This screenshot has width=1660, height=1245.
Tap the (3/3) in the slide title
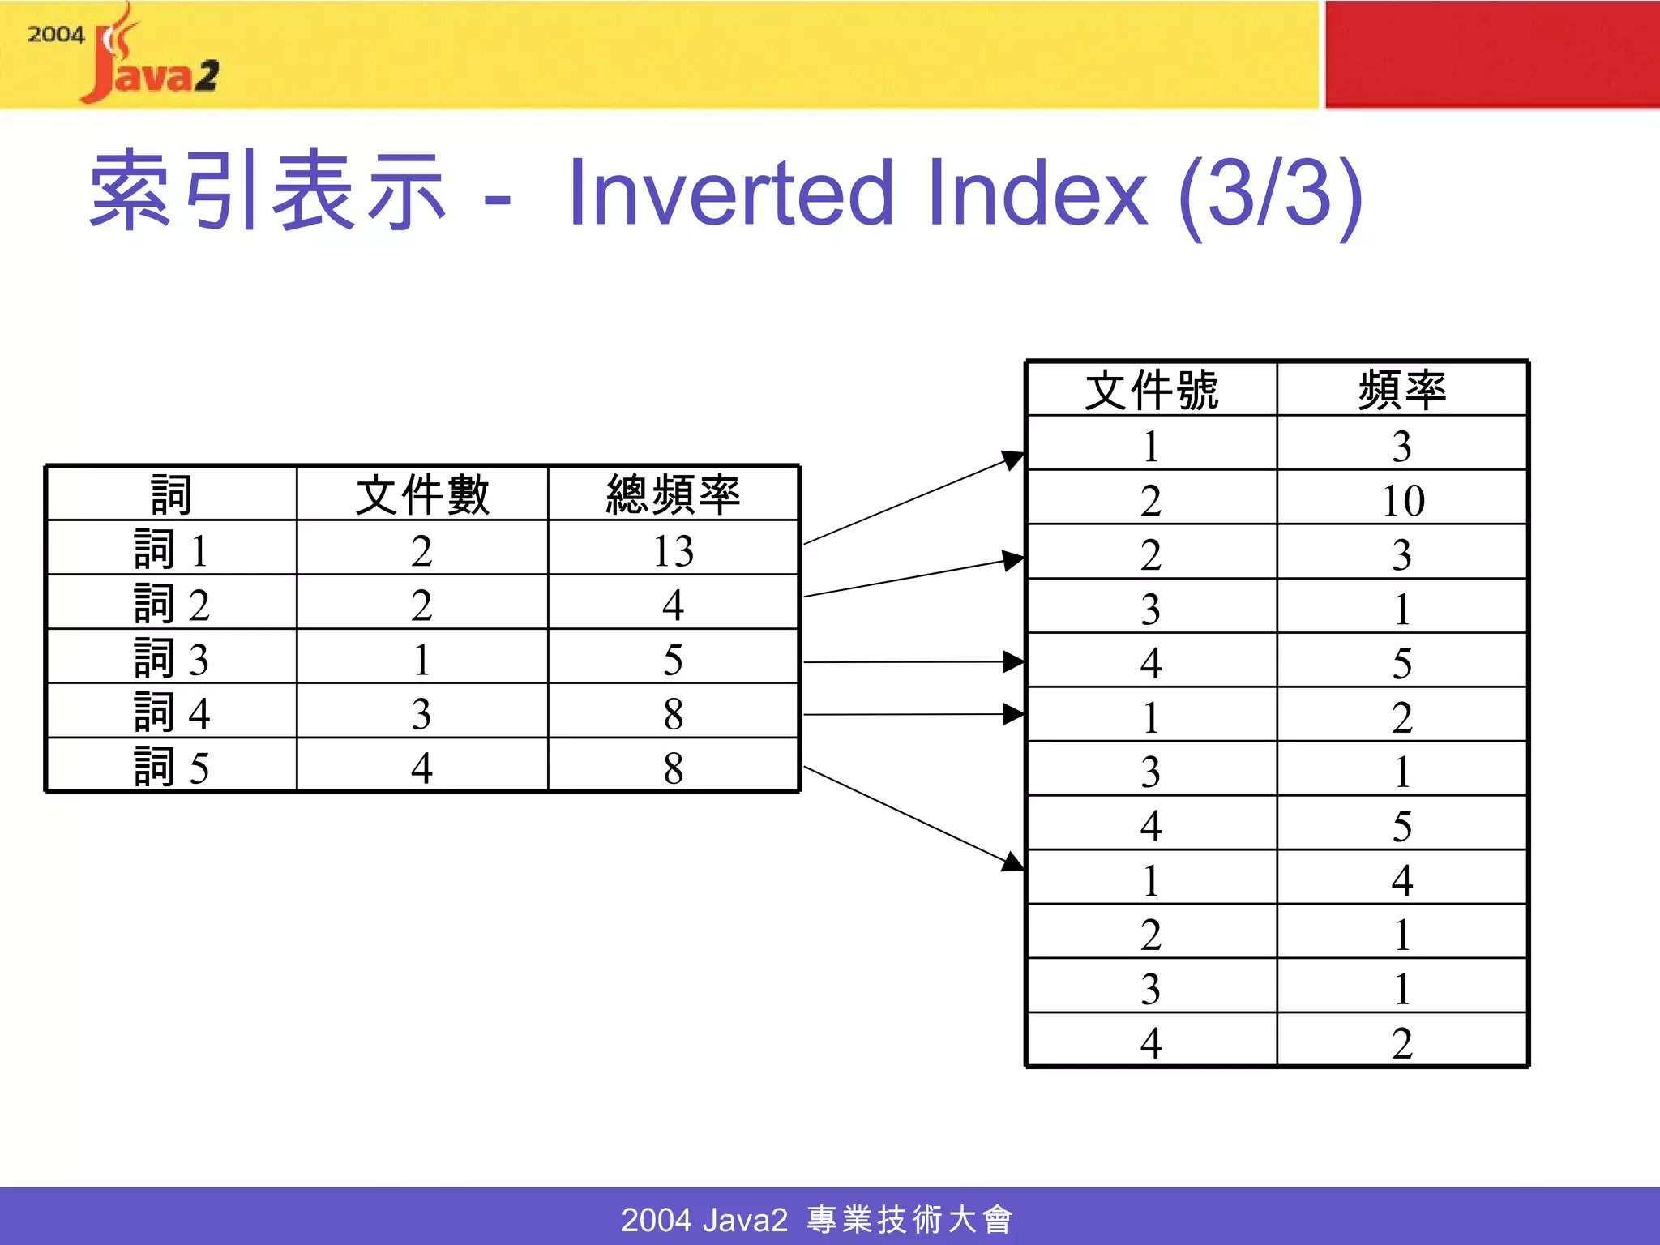coord(1271,194)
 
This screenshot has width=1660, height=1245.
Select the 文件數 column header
coord(422,494)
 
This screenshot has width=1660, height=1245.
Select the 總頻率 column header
coord(674,494)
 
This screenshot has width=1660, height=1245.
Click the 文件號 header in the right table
coord(1151,390)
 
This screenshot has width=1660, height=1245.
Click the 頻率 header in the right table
coord(1402,390)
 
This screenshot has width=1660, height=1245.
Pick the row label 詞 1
coord(171,550)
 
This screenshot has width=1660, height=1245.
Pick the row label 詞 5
coord(171,766)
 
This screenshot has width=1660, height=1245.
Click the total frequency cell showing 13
coord(674,550)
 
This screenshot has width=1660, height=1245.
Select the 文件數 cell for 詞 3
coord(421,658)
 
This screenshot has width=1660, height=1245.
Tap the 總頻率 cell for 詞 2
coord(674,605)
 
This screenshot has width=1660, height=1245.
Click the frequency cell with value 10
coord(1403,499)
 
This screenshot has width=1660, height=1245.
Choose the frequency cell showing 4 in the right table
coord(1402,879)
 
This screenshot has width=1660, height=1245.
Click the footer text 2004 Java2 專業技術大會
coord(817,1218)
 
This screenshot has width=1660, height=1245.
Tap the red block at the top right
coord(1491,53)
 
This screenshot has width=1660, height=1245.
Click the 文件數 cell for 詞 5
coord(421,766)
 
